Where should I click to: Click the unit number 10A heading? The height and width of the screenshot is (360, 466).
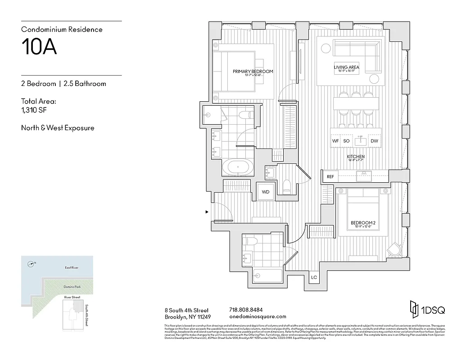[x=39, y=47]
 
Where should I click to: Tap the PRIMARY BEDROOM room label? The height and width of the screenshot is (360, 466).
[x=253, y=72]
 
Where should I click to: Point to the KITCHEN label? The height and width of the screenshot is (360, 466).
[x=355, y=157]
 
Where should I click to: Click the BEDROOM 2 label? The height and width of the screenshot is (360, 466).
[x=363, y=223]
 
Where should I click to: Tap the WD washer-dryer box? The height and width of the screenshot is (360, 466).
[x=266, y=192]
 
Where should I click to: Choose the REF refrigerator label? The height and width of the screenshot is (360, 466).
[x=330, y=177]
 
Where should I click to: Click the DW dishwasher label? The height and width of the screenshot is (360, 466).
[x=374, y=141]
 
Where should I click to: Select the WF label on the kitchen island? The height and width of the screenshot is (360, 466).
[x=335, y=141]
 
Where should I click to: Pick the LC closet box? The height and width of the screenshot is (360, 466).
[x=314, y=277]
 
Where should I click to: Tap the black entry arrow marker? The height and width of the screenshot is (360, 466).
[x=207, y=211]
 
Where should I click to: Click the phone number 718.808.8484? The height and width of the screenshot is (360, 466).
[x=246, y=310]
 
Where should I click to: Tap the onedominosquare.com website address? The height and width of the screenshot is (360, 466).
[x=258, y=316]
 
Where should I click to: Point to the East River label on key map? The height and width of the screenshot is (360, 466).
[x=71, y=268]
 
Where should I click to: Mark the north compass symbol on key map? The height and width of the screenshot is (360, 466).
[x=31, y=264]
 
